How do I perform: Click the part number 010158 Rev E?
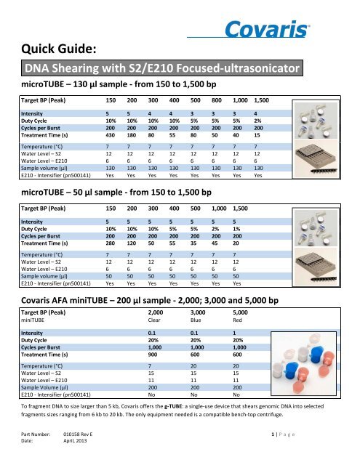[x=90, y=443]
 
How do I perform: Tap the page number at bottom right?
[x=319, y=443]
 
